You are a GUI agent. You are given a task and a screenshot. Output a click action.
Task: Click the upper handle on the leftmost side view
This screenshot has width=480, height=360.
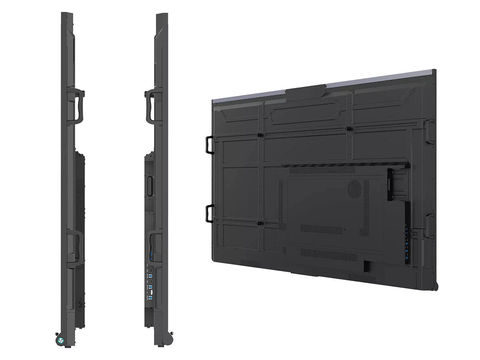pyautogui.click(x=78, y=105)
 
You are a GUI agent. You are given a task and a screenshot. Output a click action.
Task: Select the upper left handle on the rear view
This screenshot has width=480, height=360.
pyautogui.click(x=210, y=144)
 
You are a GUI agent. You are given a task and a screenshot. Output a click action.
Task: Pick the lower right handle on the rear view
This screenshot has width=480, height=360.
pyautogui.click(x=430, y=224)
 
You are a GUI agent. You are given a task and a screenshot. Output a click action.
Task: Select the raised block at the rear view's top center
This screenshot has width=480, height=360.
pyautogui.click(x=306, y=92)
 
